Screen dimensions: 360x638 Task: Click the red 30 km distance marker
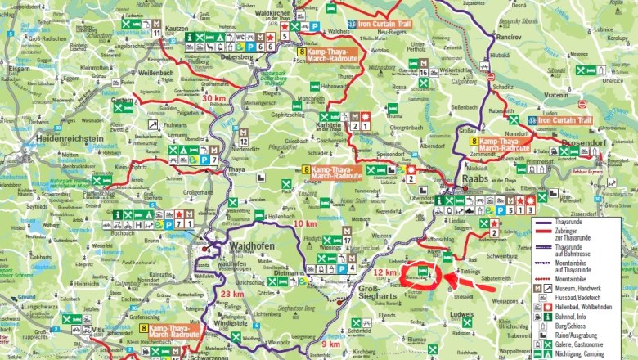(213, 98)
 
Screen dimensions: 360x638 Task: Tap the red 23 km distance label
(232, 294)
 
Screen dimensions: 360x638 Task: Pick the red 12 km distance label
(384, 272)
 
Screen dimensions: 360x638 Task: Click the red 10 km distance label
(304, 223)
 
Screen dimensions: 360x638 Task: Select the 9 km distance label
(330, 344)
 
